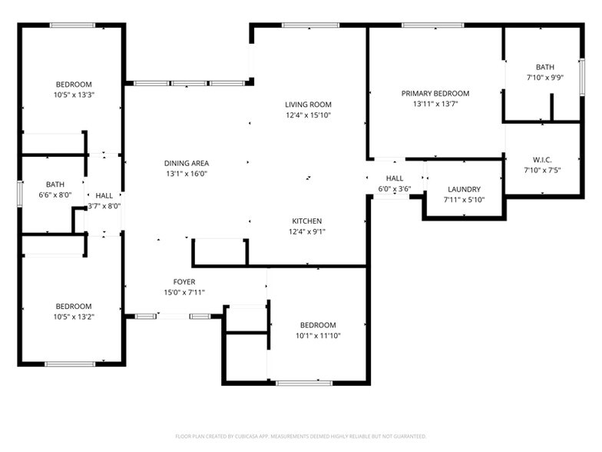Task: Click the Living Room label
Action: (308, 105)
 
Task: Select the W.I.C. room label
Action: (542, 160)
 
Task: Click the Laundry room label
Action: (464, 189)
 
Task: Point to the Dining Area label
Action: (186, 163)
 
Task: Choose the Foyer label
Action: (184, 281)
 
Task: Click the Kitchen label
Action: (306, 221)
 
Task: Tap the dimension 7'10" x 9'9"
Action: (544, 78)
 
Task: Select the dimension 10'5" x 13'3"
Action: (74, 95)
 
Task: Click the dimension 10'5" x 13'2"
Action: (74, 317)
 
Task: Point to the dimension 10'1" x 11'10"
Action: (318, 335)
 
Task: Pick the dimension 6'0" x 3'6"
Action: (395, 188)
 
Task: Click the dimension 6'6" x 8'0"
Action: (55, 195)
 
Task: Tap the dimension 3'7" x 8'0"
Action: (104, 206)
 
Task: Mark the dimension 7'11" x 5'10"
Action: (464, 200)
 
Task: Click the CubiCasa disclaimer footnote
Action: (301, 435)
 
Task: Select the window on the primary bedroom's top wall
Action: (432, 25)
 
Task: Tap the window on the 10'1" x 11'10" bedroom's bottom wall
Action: (304, 383)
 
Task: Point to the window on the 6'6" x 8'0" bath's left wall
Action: (20, 193)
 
